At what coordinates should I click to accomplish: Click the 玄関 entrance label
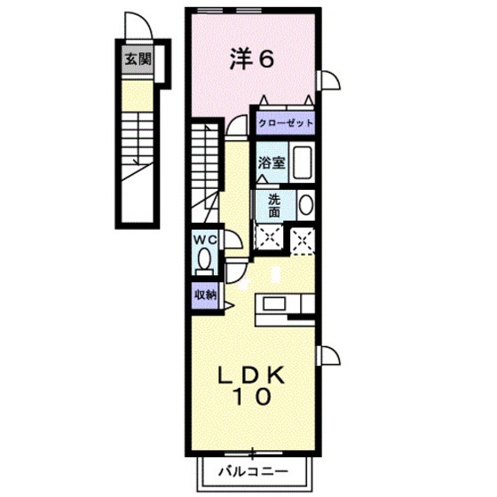pos(138,60)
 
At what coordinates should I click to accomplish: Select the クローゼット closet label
pos(286,123)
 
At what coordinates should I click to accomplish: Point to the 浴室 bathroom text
pos(270,163)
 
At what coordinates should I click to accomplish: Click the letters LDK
pos(252,375)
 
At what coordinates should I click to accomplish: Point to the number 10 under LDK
pos(252,398)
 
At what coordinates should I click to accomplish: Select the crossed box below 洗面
pos(268,237)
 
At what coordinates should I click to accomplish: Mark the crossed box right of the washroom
pos(303,237)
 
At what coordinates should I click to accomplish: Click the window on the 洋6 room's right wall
pos(327,81)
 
